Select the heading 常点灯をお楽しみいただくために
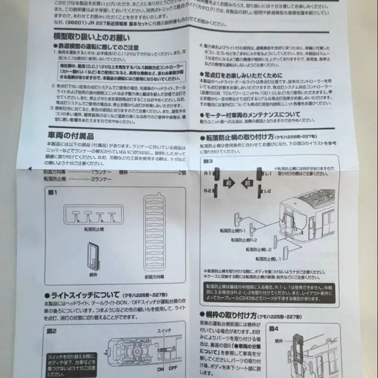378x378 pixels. [243, 75]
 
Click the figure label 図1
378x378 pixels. [52, 192]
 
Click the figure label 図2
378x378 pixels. [52, 330]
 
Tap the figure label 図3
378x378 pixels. [208, 161]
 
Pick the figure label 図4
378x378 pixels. [273, 328]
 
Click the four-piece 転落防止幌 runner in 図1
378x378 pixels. [94, 213]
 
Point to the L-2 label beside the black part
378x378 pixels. [267, 191]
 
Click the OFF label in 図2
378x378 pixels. [172, 368]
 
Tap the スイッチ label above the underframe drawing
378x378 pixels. [164, 330]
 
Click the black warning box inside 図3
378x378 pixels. [262, 292]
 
